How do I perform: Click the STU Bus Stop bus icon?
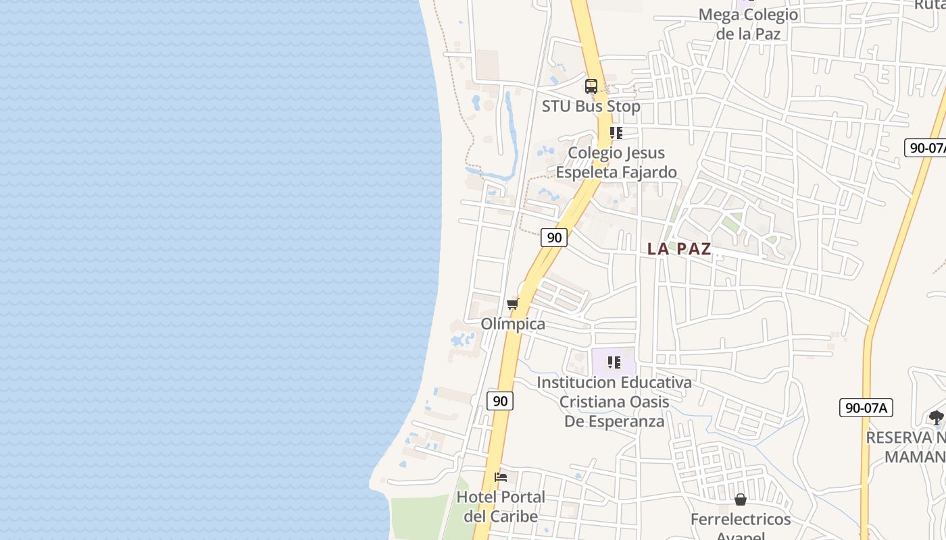(591, 86)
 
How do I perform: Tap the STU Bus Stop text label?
(591, 106)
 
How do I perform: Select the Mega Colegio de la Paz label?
(748, 24)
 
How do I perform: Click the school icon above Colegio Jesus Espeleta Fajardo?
(616, 133)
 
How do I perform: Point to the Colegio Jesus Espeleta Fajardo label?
(616, 163)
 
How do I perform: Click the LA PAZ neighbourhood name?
(679, 248)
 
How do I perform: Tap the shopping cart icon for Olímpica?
(513, 304)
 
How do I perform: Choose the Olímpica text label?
(513, 324)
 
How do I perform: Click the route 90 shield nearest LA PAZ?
(554, 237)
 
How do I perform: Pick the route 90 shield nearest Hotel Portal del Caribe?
(500, 400)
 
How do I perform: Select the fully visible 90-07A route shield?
(866, 408)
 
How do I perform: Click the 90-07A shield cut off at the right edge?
(926, 148)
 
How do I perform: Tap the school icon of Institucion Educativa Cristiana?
(614, 362)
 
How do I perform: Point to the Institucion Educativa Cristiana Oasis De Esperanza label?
(614, 402)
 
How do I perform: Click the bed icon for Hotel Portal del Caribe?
(501, 477)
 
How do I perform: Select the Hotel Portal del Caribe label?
(501, 506)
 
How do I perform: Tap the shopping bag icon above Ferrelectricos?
(741, 500)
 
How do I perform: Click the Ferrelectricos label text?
(741, 520)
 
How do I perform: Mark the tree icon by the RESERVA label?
(936, 418)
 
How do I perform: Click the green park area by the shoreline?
(419, 517)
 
